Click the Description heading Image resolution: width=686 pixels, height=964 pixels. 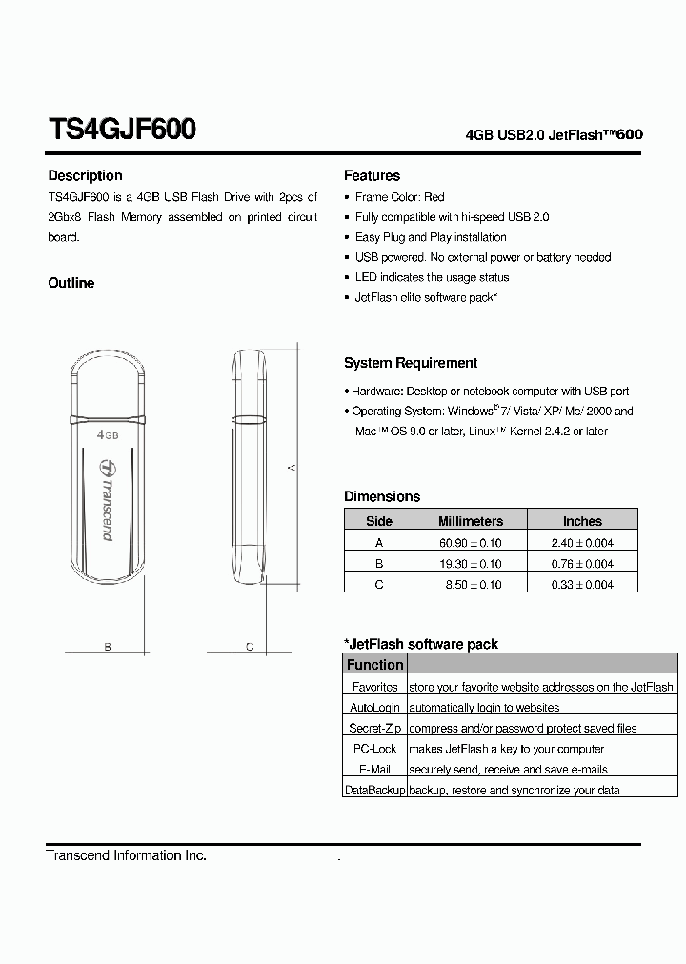click(x=85, y=175)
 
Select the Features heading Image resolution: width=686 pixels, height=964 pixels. click(x=372, y=175)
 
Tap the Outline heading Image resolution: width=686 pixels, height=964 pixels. click(x=71, y=283)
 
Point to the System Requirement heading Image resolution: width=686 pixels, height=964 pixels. click(x=411, y=363)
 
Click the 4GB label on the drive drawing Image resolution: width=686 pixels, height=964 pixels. click(x=108, y=434)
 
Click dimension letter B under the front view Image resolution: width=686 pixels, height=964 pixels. click(x=108, y=647)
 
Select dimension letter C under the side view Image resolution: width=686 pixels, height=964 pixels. click(x=249, y=647)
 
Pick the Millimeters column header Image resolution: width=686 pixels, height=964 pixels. click(x=470, y=521)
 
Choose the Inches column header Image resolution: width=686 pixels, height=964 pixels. click(x=582, y=521)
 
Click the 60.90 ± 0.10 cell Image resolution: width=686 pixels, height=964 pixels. click(x=470, y=543)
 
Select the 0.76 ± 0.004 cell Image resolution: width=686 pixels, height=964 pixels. click(x=582, y=564)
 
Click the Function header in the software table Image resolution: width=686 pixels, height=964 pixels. click(x=374, y=665)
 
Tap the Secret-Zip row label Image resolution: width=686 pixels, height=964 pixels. click(x=374, y=729)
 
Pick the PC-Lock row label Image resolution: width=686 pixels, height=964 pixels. click(x=374, y=749)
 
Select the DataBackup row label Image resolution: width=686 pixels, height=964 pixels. click(x=374, y=791)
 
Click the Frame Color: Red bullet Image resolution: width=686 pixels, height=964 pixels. click(x=399, y=197)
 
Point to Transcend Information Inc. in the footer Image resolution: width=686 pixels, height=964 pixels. click(x=126, y=855)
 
